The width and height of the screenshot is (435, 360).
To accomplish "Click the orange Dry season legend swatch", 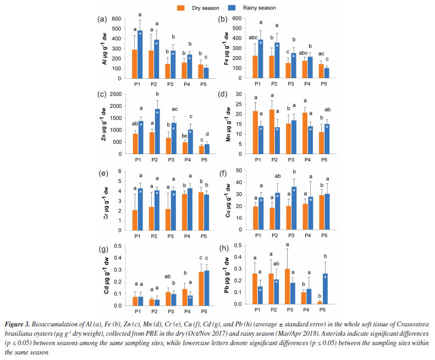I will [x=179, y=8].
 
